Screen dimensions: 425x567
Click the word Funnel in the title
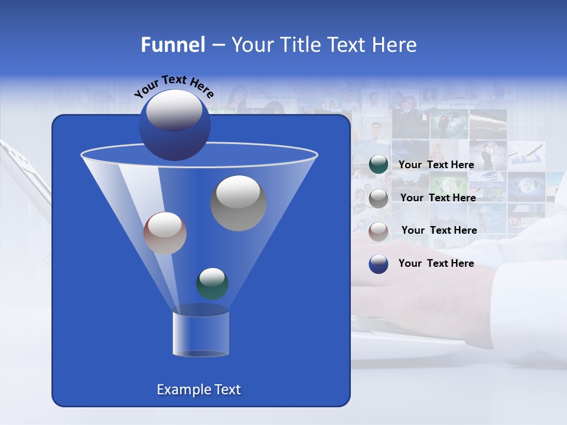coord(172,45)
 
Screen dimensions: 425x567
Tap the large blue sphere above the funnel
coord(174,125)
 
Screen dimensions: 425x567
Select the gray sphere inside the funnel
coord(238,203)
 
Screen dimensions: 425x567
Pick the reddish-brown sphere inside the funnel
coord(165,233)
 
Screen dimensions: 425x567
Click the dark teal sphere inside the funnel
coord(212,283)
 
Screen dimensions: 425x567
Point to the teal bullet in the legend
coord(378,165)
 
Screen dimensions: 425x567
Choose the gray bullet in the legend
coord(378,198)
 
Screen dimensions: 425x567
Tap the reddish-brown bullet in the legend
coord(378,231)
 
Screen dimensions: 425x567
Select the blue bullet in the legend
coord(378,264)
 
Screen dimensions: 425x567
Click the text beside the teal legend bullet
coord(436,165)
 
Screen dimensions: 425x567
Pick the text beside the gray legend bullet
coord(438,198)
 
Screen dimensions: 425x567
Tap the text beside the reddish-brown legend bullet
coord(439,230)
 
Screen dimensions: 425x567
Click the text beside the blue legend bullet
coord(436,263)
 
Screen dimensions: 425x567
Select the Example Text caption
coord(198,390)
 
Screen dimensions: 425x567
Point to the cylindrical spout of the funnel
coord(200,334)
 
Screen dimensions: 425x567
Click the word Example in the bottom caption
coord(179,390)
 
